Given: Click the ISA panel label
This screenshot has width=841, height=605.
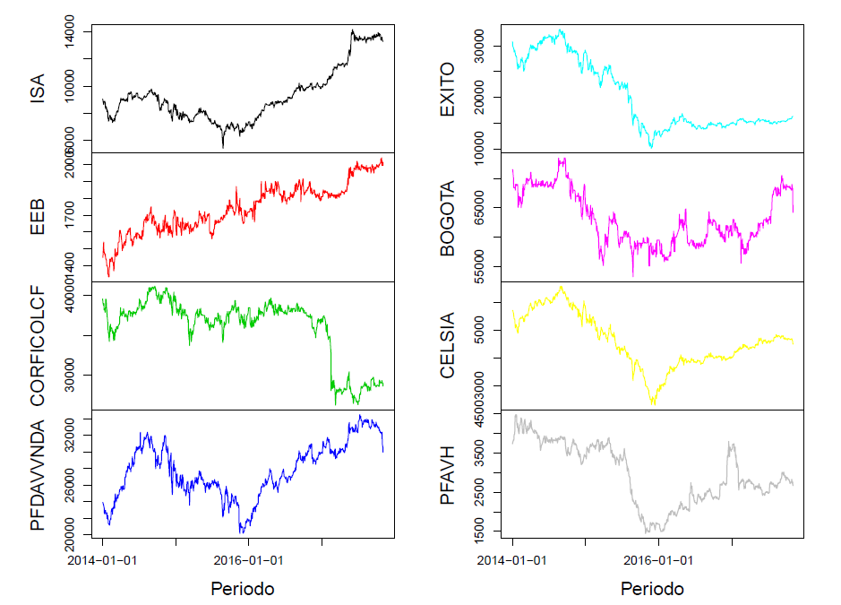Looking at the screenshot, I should pyautogui.click(x=37, y=88).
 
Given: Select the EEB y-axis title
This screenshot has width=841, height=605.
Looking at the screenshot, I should pyautogui.click(x=37, y=218).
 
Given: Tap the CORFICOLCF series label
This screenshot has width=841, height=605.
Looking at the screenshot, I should pyautogui.click(x=37, y=346).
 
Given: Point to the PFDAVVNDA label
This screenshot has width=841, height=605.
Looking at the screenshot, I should pyautogui.click(x=37, y=474).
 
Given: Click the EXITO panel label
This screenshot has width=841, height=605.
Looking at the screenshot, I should pyautogui.click(x=447, y=88).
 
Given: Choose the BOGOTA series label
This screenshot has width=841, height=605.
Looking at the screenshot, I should pyautogui.click(x=447, y=218).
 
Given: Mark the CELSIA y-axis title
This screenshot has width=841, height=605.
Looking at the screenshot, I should pyautogui.click(x=447, y=346).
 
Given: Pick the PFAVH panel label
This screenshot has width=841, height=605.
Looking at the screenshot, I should pyautogui.click(x=447, y=474).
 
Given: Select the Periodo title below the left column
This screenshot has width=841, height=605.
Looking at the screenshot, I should pyautogui.click(x=242, y=589).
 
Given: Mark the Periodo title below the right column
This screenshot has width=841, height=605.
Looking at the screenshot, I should pyautogui.click(x=652, y=589).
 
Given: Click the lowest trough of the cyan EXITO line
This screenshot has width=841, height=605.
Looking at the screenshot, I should pyautogui.click(x=651, y=146).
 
